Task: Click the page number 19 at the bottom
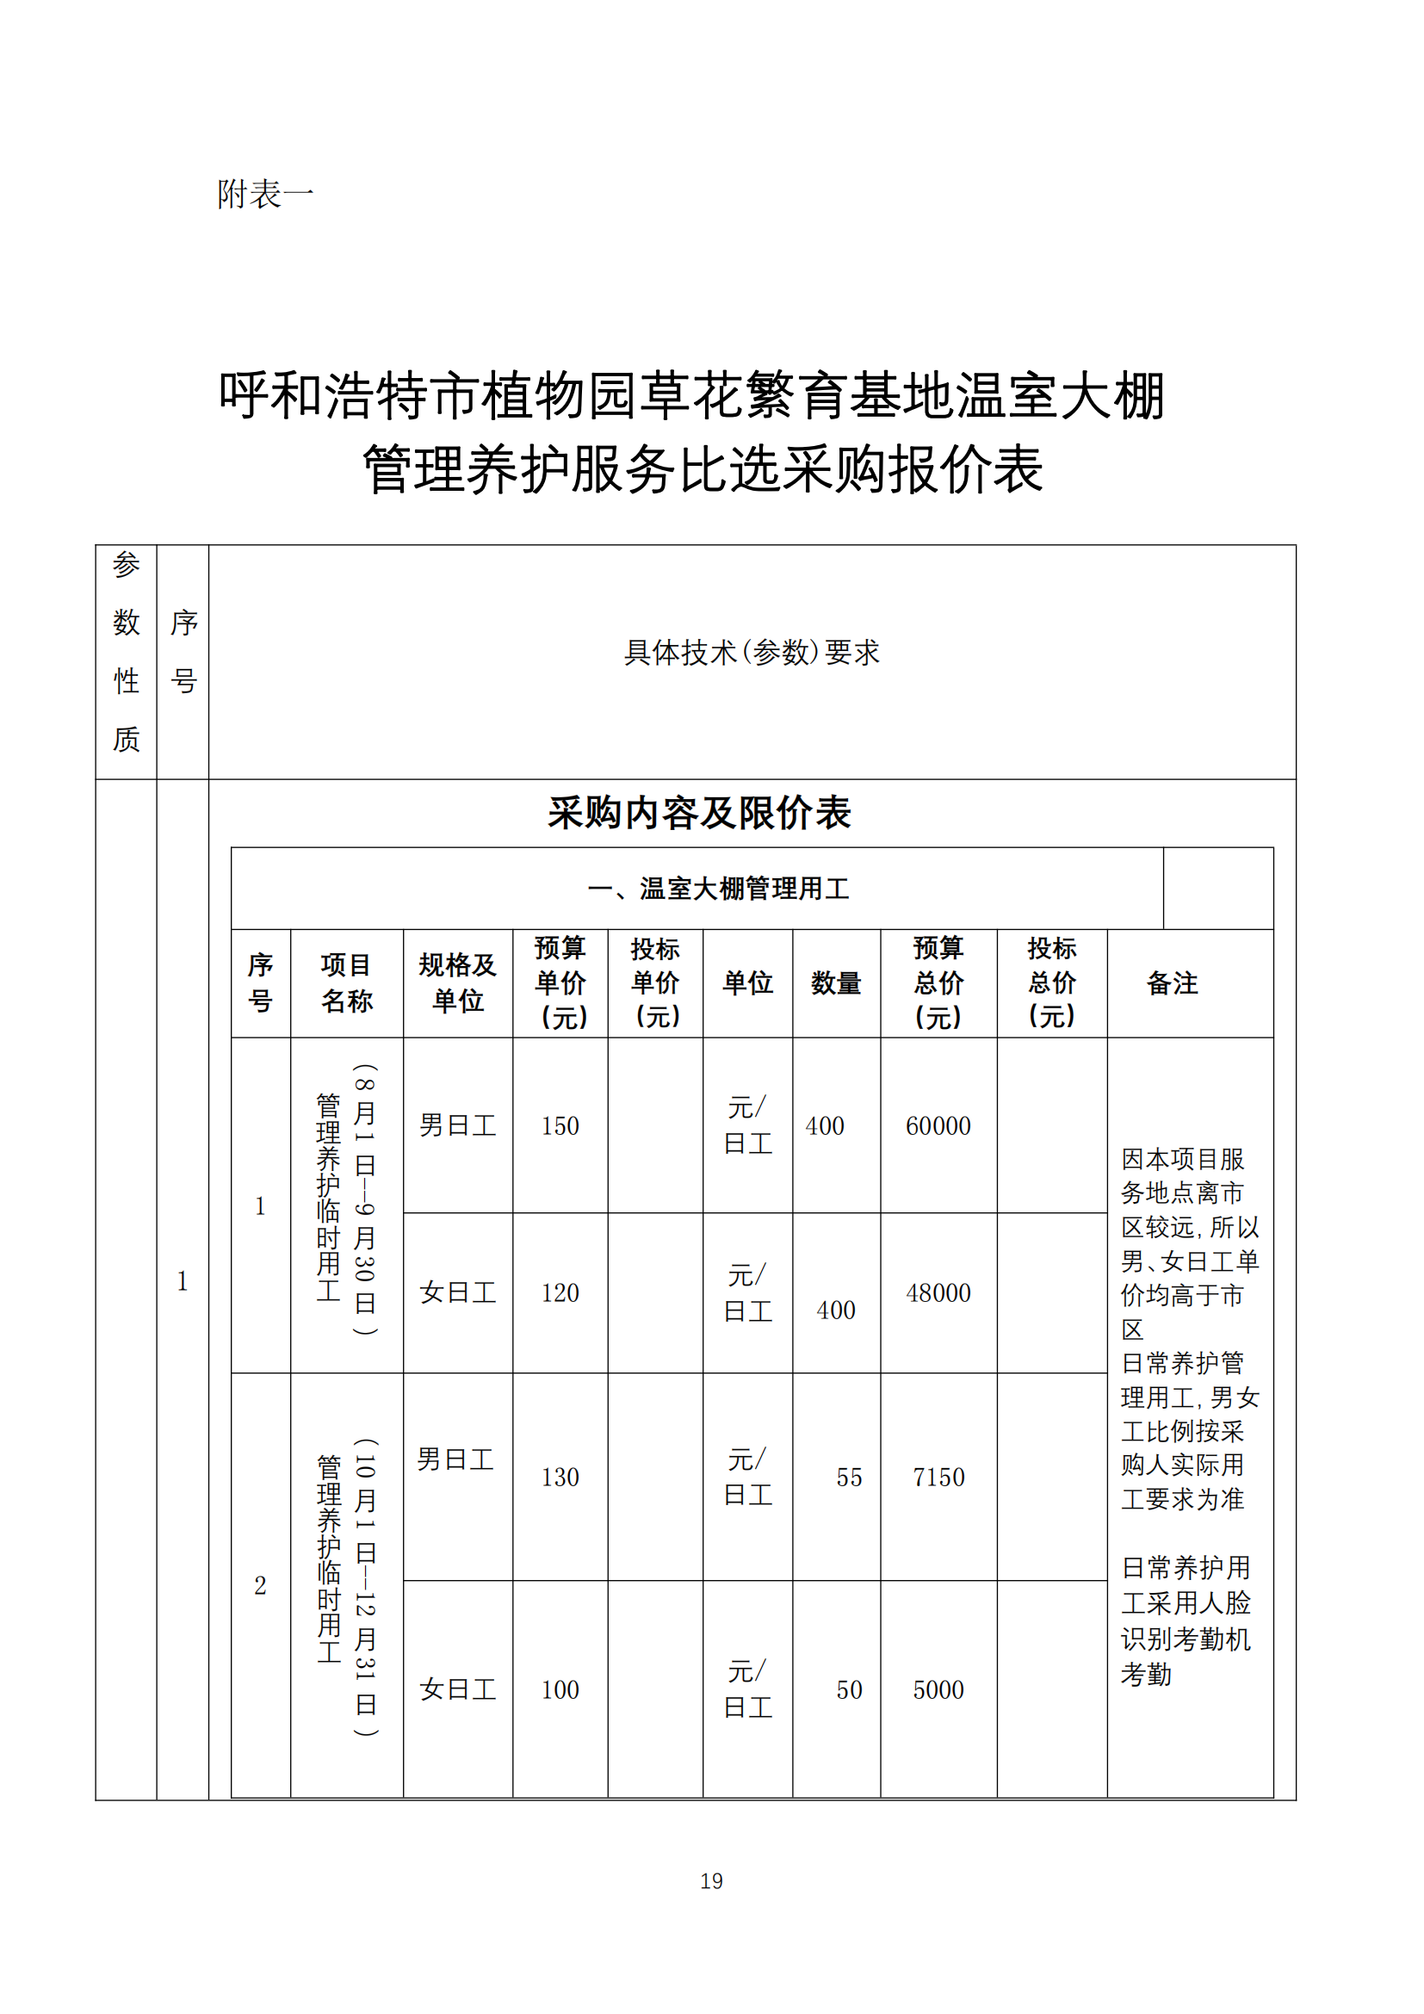711,1881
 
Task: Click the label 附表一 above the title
266,195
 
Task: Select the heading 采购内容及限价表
699,813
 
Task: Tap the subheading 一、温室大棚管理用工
718,889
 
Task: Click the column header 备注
1172,983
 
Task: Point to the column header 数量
836,983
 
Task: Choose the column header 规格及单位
458,983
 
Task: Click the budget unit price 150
560,1126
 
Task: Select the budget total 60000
938,1126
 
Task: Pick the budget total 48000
938,1293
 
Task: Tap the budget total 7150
938,1478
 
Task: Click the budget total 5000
938,1690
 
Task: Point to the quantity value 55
849,1478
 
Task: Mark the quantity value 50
849,1690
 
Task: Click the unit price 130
560,1478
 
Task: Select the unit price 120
560,1293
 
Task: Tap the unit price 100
560,1690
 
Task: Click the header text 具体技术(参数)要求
752,653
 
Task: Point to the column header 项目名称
346,983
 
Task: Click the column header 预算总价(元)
938,983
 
